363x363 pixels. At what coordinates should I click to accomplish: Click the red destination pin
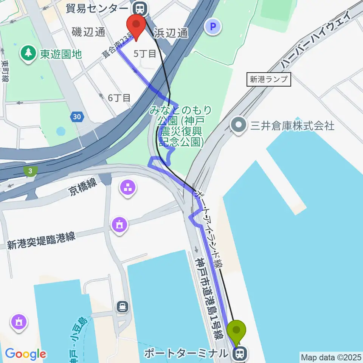point(136,25)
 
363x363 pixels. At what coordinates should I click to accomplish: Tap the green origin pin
point(237,330)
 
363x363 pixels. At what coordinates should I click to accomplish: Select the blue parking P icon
point(213,27)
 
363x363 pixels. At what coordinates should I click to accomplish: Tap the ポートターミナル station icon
point(239,354)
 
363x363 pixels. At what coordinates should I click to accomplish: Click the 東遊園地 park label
point(60,54)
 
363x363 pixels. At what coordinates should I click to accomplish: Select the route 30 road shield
point(77,117)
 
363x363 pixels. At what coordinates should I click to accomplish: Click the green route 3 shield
point(31,171)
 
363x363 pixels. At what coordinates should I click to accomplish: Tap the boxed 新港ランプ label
point(269,80)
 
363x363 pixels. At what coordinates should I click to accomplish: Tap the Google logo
point(25,354)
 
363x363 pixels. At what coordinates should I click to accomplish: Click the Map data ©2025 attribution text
point(331,357)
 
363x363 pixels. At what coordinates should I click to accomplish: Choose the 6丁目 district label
point(119,98)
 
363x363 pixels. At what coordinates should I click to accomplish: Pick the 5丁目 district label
point(145,54)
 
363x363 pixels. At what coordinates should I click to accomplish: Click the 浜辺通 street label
point(171,33)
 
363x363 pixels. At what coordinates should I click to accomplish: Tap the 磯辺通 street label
point(88,33)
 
